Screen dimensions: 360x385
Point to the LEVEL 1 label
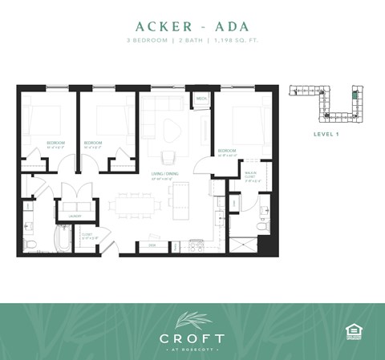coord(326,134)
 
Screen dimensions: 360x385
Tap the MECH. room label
coord(201,99)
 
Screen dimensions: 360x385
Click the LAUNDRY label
coord(66,214)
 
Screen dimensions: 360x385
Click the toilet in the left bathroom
coord(30,242)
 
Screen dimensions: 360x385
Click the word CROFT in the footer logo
coord(192,338)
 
